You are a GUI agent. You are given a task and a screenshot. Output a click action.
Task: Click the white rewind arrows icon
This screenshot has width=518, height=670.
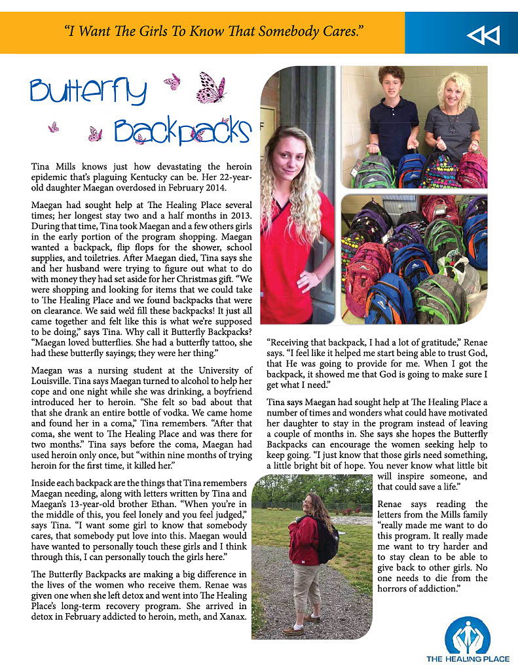(483, 35)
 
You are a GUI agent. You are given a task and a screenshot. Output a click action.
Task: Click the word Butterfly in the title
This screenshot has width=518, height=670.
(88, 92)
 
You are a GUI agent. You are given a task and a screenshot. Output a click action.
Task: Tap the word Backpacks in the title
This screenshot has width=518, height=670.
(181, 131)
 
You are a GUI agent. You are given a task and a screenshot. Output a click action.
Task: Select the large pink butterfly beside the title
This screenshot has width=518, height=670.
(210, 87)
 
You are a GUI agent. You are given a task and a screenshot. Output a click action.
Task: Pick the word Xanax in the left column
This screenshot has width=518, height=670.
(232, 617)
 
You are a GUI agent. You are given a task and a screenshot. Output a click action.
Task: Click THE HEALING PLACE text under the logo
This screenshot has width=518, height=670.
(467, 658)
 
